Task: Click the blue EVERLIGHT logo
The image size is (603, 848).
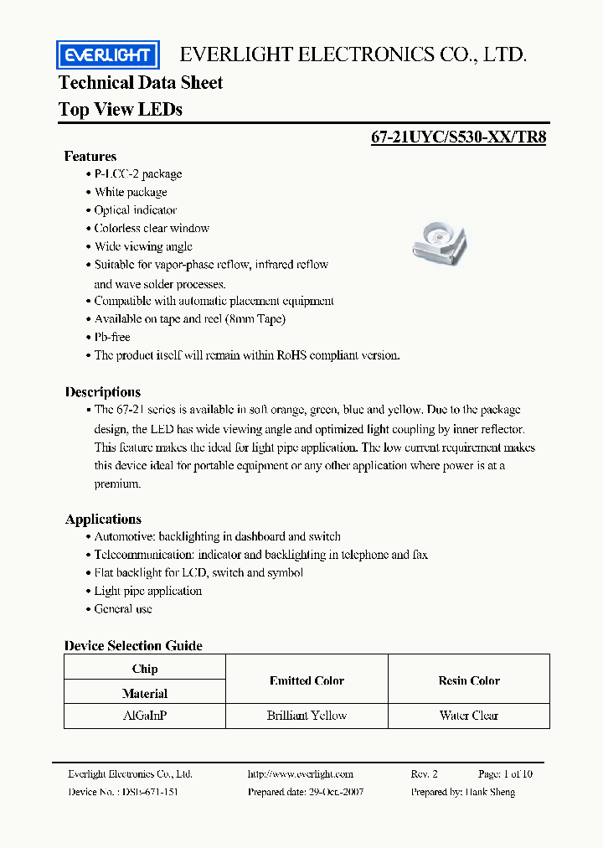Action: [x=107, y=56]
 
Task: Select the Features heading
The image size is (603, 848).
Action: [x=90, y=157]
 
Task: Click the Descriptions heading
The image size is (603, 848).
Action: [x=103, y=392]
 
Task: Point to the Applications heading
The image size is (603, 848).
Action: [x=103, y=519]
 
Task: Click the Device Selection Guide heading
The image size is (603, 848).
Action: [x=133, y=645]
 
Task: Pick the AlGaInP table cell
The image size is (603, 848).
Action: [x=144, y=716]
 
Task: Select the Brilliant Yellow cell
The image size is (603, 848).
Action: [x=307, y=716]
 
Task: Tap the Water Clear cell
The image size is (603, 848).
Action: [x=468, y=716]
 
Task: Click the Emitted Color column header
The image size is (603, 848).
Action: [x=307, y=681]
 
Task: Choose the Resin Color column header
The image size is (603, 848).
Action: [x=468, y=681]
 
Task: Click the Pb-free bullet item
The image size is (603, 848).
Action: [x=112, y=337]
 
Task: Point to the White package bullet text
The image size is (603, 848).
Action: [x=131, y=192]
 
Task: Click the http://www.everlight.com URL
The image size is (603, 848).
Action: [x=301, y=774]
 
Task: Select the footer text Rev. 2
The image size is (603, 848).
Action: [x=424, y=774]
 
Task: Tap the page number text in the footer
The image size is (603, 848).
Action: [x=505, y=774]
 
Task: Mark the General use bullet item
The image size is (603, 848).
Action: [x=123, y=609]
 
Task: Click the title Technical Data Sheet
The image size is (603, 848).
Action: [x=141, y=82]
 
